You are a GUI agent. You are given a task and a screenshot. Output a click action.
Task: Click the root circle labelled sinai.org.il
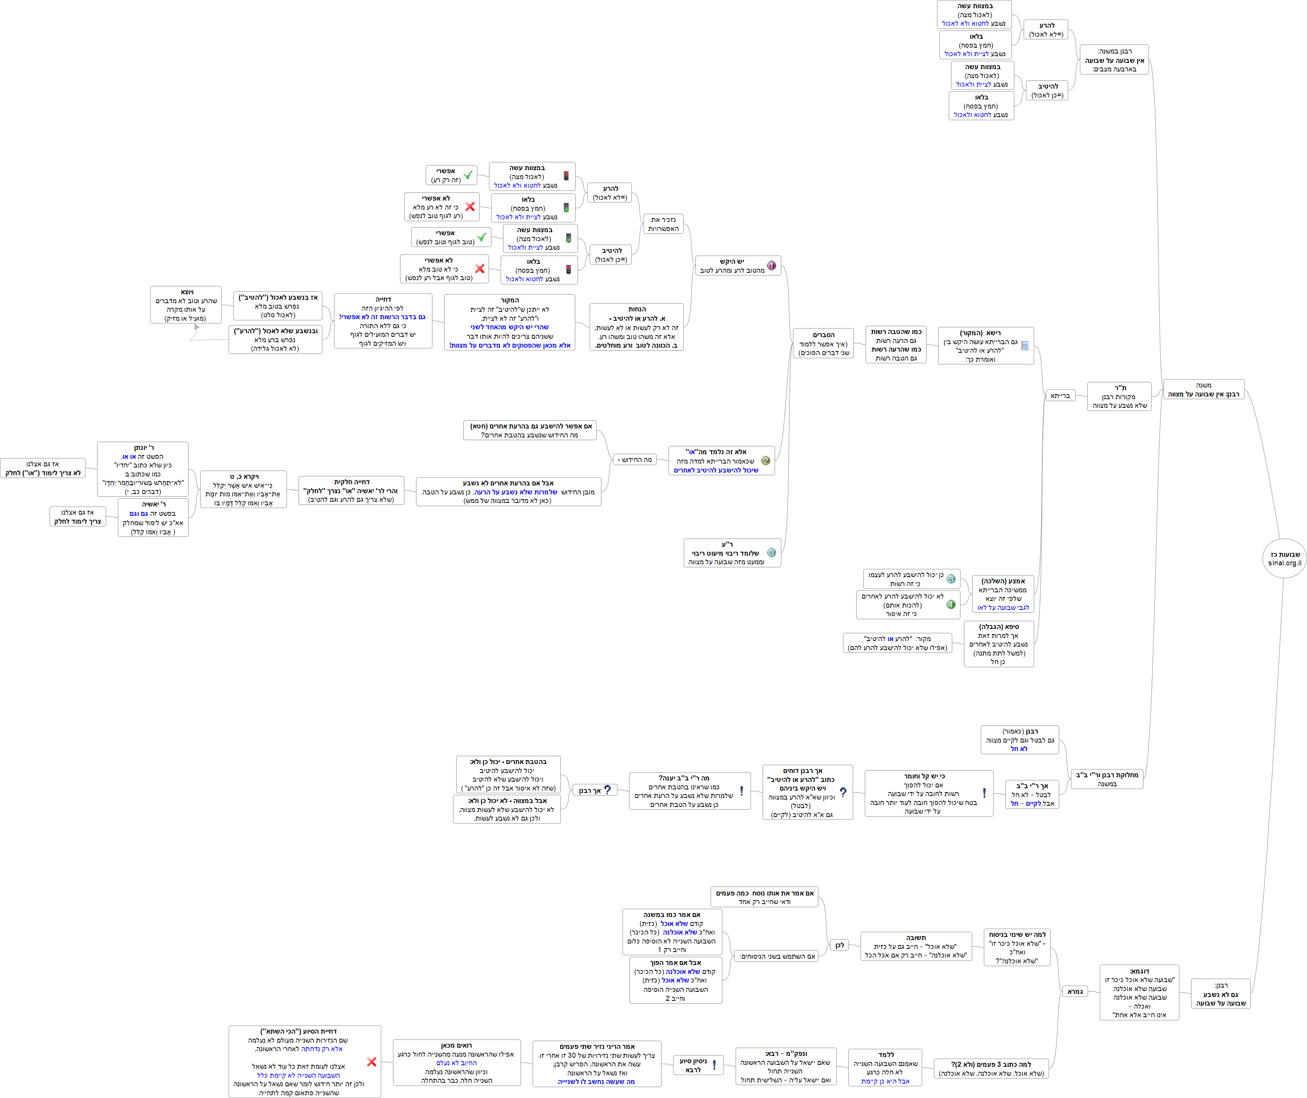(1285, 558)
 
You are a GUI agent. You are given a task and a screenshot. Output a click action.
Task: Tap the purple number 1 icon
(772, 266)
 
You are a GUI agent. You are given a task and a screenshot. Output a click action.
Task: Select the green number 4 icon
(951, 604)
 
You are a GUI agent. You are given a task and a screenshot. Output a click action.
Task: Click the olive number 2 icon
(765, 460)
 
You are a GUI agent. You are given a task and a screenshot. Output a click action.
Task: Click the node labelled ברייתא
(1060, 396)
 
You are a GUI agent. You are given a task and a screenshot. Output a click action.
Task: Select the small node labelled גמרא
(1075, 991)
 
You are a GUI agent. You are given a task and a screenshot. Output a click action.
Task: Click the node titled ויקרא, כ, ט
(244, 489)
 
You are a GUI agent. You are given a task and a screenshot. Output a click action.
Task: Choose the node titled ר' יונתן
(142, 469)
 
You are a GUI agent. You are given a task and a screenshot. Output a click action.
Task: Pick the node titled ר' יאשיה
(153, 518)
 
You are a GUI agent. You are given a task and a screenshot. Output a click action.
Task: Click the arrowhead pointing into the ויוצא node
(197, 327)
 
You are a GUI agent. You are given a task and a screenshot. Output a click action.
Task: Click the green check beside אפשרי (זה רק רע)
(468, 176)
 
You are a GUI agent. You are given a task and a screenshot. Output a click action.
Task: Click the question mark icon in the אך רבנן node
(607, 790)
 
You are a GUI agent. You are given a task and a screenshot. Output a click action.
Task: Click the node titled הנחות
(637, 327)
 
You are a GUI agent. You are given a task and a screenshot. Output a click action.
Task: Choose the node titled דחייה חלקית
(352, 490)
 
